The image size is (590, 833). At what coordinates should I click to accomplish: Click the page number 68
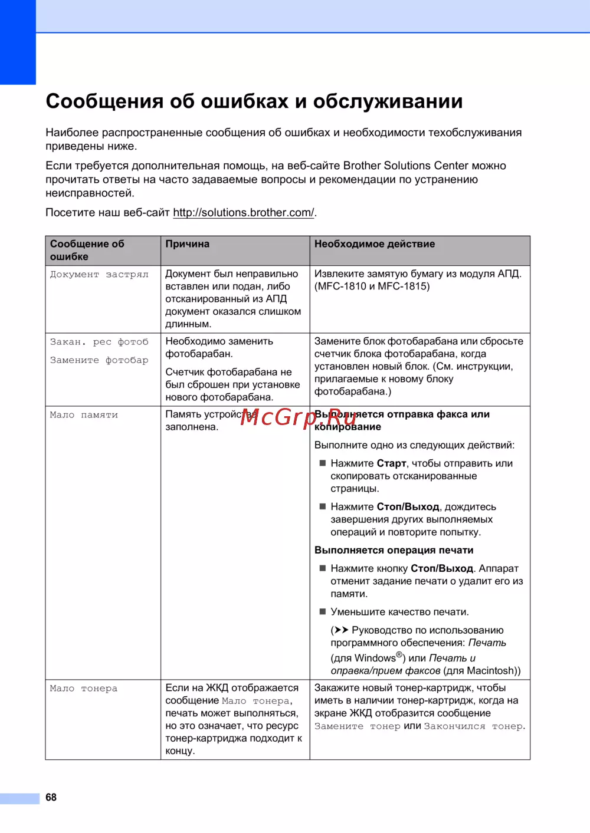coord(51,797)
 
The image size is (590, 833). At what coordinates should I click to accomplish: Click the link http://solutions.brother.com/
coord(244,212)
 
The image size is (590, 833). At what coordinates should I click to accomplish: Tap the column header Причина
coord(187,244)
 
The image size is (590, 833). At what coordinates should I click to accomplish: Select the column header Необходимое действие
coord(375,244)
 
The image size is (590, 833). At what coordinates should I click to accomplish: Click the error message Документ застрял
coord(99,274)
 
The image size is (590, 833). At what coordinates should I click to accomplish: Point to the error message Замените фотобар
coord(99,360)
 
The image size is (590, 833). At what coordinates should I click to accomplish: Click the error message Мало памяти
coord(84,415)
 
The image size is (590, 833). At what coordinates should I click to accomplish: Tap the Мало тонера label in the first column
coord(84,689)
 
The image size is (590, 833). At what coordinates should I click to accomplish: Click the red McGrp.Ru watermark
coord(299,417)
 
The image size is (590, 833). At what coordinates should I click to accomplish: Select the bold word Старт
coord(391,463)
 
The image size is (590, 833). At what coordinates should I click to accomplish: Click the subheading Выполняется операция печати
coord(394,550)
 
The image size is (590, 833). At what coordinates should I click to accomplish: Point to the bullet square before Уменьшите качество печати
coord(323,611)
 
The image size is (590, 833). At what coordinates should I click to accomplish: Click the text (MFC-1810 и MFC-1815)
coord(372,287)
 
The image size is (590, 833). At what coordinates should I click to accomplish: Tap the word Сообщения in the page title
coord(104,101)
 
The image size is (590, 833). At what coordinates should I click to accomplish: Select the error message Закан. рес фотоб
coord(99,342)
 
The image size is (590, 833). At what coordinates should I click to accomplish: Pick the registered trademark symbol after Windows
coord(399,654)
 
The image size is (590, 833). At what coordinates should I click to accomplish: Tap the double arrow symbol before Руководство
coord(341,630)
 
